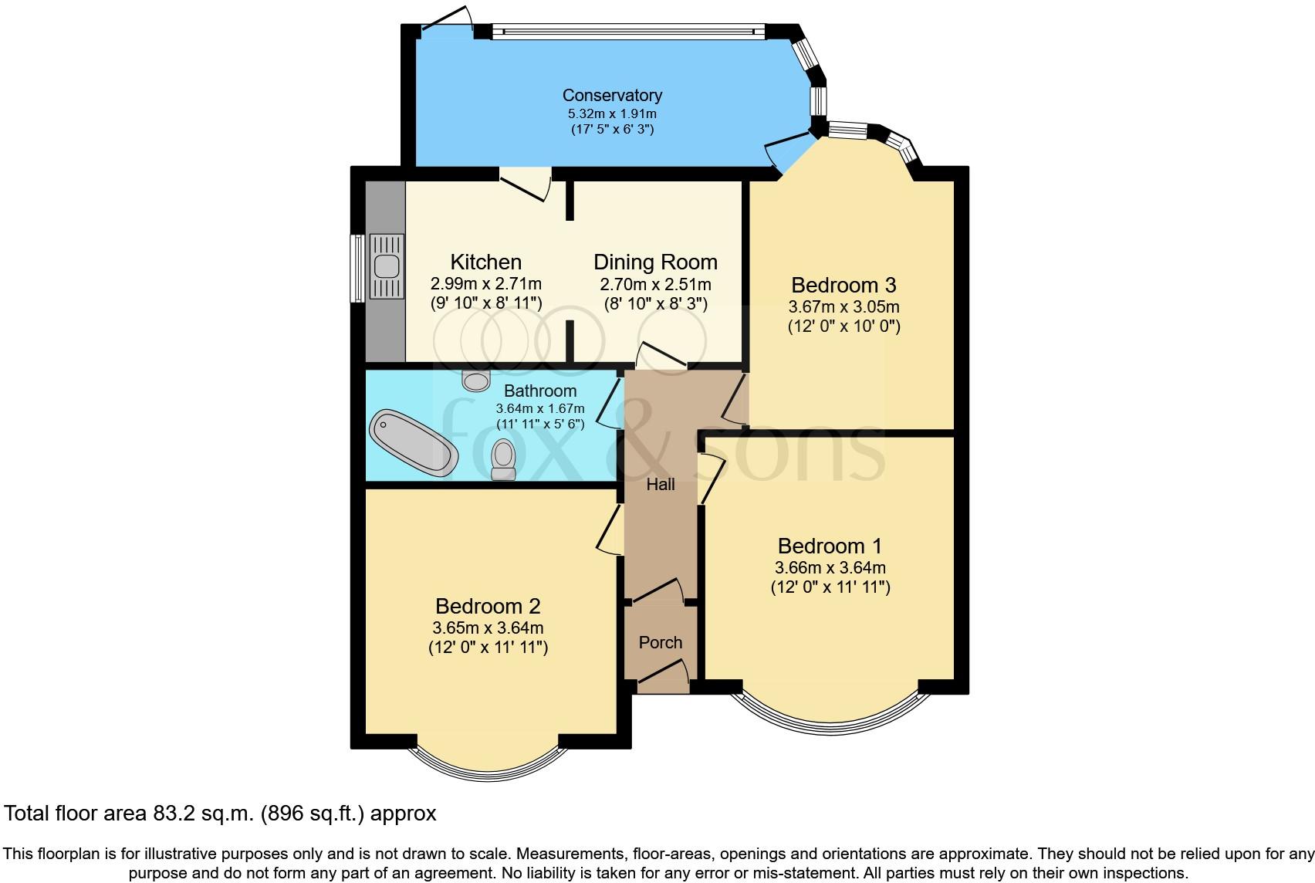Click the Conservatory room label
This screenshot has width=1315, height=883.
(611, 96)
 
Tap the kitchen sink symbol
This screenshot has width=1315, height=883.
(386, 266)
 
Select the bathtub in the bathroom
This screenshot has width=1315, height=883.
(413, 442)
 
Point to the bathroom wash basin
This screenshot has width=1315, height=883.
(476, 380)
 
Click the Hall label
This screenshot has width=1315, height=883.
(661, 485)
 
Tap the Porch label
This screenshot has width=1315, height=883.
(661, 643)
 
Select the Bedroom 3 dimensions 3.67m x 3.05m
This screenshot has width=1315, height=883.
(843, 306)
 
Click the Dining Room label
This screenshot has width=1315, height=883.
(655, 262)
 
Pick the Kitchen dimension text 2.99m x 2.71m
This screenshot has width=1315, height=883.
(486, 284)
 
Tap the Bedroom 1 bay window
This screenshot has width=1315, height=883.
(830, 711)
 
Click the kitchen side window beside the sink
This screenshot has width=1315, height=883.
(357, 268)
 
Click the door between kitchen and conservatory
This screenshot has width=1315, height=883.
(526, 184)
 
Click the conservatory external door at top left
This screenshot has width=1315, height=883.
(447, 22)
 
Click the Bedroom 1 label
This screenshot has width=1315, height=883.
(830, 546)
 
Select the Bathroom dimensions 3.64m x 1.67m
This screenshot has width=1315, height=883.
(540, 408)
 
